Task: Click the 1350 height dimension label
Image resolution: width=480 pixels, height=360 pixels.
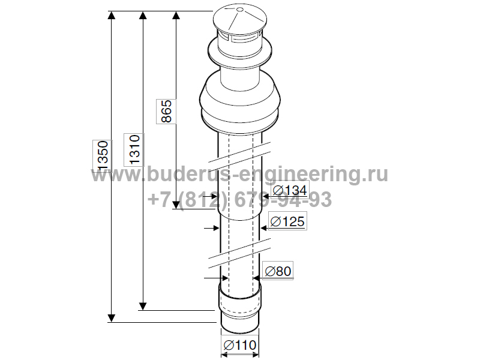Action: click(x=103, y=155)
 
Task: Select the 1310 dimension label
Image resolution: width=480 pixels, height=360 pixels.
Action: click(x=134, y=150)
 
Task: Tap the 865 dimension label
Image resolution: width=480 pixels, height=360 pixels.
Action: click(x=166, y=111)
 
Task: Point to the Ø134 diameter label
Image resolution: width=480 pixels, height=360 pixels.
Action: click(x=290, y=190)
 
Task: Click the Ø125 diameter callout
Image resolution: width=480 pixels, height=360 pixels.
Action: click(x=287, y=221)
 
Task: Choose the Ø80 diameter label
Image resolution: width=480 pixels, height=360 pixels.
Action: click(x=278, y=271)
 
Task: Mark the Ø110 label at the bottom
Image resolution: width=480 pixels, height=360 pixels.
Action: click(x=239, y=345)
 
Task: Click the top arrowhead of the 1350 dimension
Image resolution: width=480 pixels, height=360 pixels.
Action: click(x=112, y=16)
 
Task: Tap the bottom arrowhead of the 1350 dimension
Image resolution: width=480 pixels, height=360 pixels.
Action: click(x=112, y=318)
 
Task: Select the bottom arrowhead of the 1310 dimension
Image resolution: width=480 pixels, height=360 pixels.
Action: click(x=142, y=306)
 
